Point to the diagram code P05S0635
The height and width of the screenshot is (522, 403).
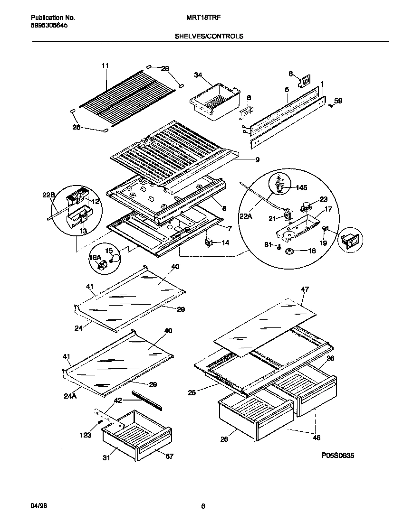(338, 455)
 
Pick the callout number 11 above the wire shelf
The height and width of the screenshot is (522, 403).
(105, 65)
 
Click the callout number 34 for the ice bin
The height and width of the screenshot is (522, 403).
(198, 75)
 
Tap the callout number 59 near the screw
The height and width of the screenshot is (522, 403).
(338, 101)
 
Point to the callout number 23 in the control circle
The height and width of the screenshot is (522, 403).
(324, 199)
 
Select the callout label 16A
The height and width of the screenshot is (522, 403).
(95, 258)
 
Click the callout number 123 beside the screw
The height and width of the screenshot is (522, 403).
(86, 435)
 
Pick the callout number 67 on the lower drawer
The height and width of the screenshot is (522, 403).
(169, 457)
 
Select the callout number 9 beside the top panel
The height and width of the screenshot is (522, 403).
(257, 160)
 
